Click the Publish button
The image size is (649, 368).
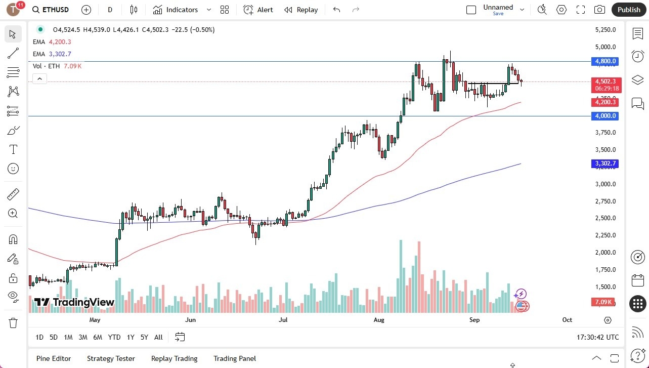pyautogui.click(x=629, y=10)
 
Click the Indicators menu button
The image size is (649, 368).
pyautogui.click(x=176, y=10)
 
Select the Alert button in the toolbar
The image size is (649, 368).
pyautogui.click(x=258, y=10)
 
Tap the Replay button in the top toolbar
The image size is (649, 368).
pyautogui.click(x=301, y=10)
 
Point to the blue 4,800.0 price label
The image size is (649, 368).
pyautogui.click(x=605, y=61)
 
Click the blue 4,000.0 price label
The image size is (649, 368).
pyautogui.click(x=605, y=116)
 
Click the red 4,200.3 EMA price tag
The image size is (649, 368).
pyautogui.click(x=605, y=102)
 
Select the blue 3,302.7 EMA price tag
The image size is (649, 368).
pyautogui.click(x=605, y=163)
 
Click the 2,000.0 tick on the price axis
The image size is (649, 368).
pyautogui.click(x=605, y=253)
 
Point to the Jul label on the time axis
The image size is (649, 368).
pyautogui.click(x=283, y=320)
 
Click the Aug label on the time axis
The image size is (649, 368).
pyautogui.click(x=378, y=320)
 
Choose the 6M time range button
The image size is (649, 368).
pyautogui.click(x=98, y=337)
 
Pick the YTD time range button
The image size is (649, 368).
pyautogui.click(x=114, y=337)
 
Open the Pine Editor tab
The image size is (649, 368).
pyautogui.click(x=54, y=358)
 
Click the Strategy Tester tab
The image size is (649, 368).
pyautogui.click(x=111, y=358)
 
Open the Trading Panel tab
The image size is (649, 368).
pyautogui.click(x=235, y=358)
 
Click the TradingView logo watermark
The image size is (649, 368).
pyautogui.click(x=74, y=302)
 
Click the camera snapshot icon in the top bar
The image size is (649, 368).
pyautogui.click(x=599, y=10)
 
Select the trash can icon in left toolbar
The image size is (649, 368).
pyautogui.click(x=13, y=322)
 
